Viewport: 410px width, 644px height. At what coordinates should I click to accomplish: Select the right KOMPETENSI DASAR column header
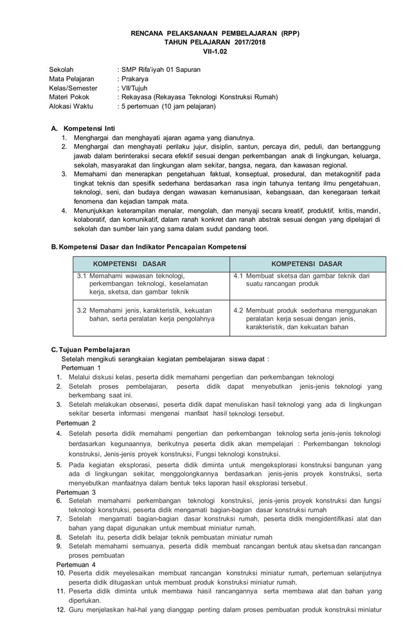tap(307, 264)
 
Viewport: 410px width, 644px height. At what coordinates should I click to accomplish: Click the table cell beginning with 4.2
tap(307, 318)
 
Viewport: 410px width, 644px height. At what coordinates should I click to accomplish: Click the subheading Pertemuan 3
tap(76, 492)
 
